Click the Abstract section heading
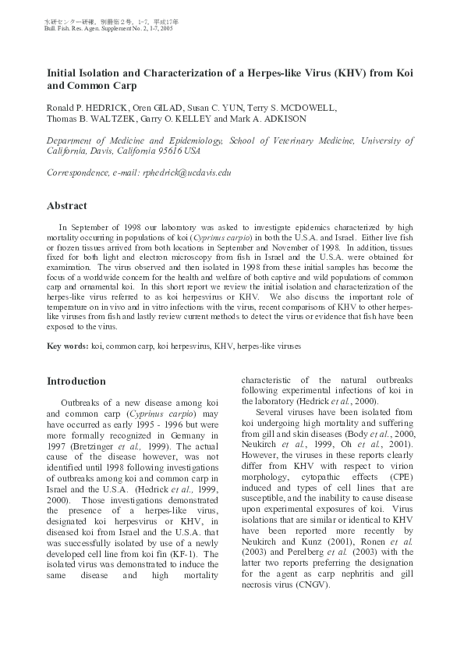[x=69, y=206]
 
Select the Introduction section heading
[x=76, y=382]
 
